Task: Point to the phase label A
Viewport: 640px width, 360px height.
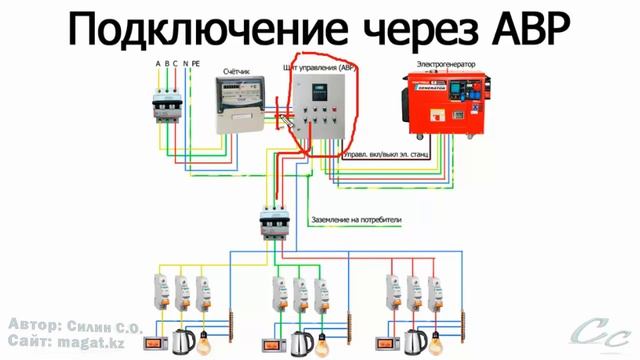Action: [157, 64]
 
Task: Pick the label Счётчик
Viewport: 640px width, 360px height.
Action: [238, 72]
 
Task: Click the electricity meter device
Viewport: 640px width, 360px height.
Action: [244, 106]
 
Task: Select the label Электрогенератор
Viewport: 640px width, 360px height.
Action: [446, 63]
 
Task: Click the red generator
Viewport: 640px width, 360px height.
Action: [441, 109]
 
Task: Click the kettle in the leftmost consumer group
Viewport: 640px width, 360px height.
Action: [183, 340]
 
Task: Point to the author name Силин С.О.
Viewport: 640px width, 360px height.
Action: [109, 327]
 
